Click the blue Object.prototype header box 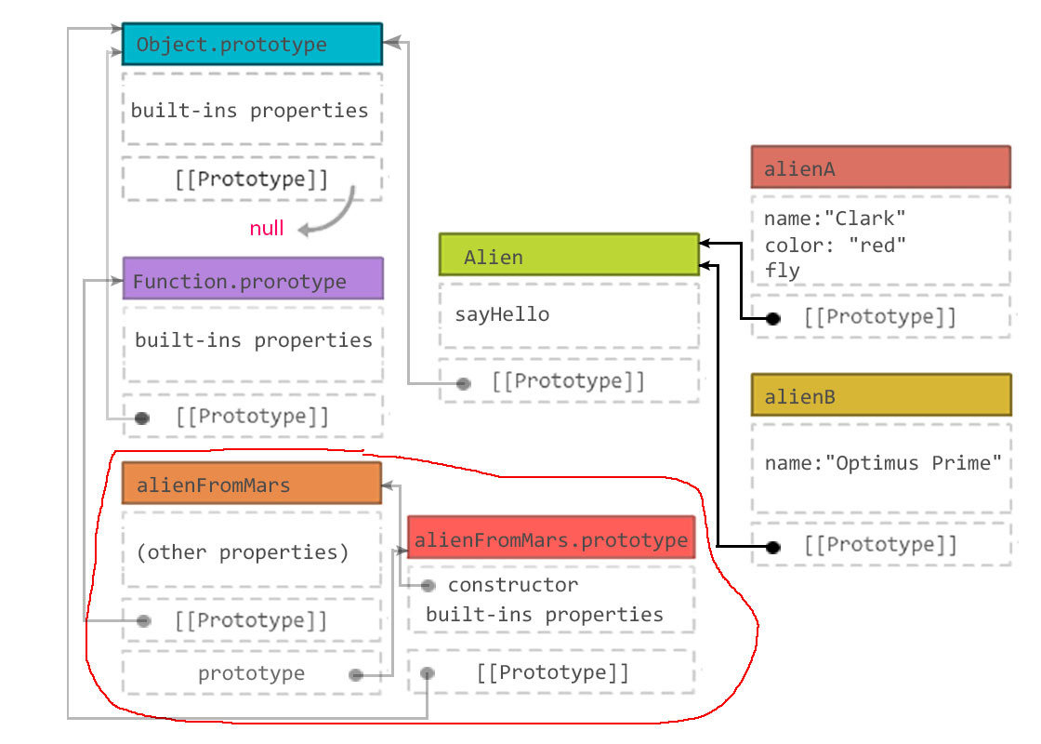(252, 44)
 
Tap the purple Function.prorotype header (252, 279)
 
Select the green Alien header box (568, 255)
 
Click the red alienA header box (880, 167)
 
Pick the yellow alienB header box (880, 395)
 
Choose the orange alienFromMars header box (251, 484)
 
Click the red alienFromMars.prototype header (551, 538)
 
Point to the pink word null (267, 228)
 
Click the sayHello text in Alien (502, 314)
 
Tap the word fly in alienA (782, 271)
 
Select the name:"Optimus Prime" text (882, 462)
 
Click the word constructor (512, 585)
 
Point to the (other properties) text (243, 552)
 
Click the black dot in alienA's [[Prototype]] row (772, 318)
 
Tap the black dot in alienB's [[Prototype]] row (772, 547)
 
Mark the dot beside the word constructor (428, 586)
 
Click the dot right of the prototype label (356, 675)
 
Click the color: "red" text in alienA (835, 245)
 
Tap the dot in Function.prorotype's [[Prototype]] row (142, 418)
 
